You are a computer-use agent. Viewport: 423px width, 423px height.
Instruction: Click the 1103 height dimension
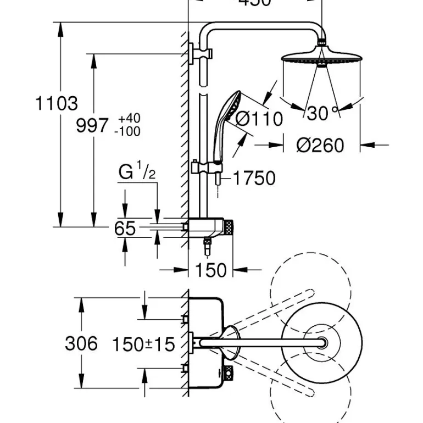coord(57,103)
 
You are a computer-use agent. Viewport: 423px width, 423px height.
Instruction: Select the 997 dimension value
coord(92,126)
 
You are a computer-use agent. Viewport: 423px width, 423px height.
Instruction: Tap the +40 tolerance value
coord(129,119)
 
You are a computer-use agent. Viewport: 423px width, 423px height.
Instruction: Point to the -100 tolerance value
coord(127,131)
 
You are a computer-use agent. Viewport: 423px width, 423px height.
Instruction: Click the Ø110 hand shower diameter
coord(258,119)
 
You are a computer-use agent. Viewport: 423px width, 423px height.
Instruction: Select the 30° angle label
coord(321,113)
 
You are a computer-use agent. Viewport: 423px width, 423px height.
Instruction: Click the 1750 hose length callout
coord(253,178)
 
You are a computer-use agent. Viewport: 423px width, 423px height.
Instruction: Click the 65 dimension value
coord(125,228)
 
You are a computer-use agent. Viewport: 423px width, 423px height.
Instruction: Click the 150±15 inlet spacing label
coord(143,344)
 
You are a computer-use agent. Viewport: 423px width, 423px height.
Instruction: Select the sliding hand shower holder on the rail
coord(197,167)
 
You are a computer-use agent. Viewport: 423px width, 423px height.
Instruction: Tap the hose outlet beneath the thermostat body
coord(207,247)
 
